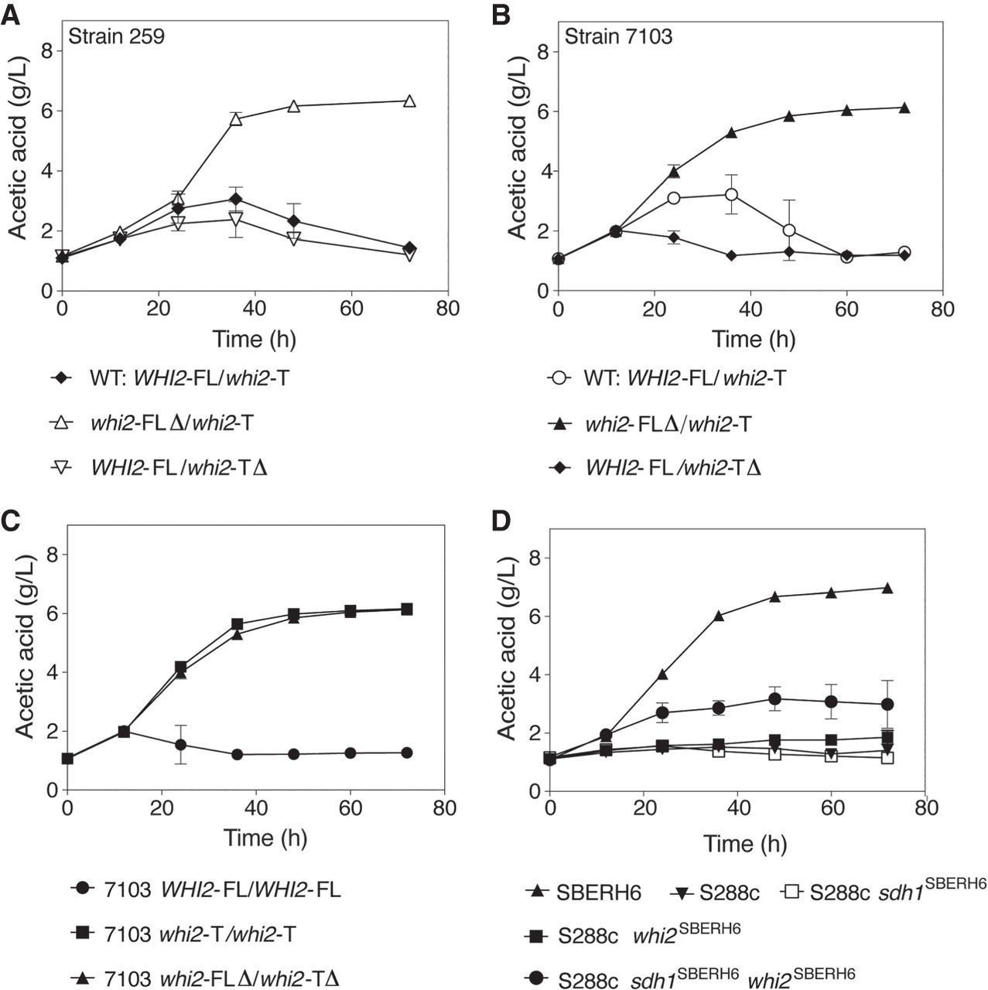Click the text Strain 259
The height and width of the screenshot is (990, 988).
coord(116,36)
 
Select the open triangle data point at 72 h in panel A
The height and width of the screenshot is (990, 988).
coord(409,101)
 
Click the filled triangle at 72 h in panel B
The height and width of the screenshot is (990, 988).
coord(904,108)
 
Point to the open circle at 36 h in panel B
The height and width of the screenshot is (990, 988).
coord(731,194)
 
